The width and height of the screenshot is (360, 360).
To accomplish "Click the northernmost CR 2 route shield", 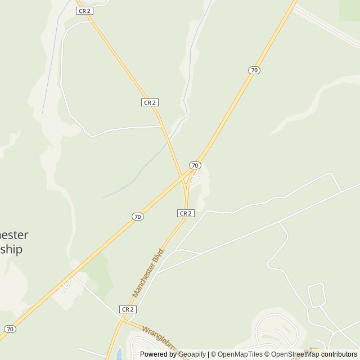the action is (83, 11).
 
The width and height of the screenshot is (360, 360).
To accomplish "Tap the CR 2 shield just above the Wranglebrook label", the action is (128, 309).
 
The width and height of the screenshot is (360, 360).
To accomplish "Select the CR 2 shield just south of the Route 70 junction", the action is (186, 213).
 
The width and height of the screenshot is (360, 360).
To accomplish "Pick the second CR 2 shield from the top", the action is (150, 102).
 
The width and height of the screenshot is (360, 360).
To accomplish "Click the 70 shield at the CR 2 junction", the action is (195, 165).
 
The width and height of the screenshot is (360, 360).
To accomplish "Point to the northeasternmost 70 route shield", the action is (254, 70).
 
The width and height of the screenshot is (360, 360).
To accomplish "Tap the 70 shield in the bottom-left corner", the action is (10, 328).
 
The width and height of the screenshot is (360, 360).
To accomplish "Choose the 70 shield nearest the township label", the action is (138, 217).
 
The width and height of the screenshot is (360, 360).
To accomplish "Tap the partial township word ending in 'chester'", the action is (14, 235).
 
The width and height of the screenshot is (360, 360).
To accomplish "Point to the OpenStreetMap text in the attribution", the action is (295, 354).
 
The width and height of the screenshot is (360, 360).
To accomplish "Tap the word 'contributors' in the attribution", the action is (339, 354).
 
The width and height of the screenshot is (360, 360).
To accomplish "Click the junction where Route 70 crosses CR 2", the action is (185, 179).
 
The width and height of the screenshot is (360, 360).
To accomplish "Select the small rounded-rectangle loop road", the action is (317, 295).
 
